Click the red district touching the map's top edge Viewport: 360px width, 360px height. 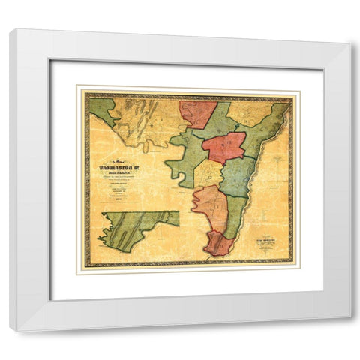(x=197, y=114)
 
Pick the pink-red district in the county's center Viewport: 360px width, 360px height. (x=223, y=147)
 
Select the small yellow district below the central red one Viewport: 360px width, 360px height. (x=208, y=174)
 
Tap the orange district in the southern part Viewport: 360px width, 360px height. (x=209, y=206)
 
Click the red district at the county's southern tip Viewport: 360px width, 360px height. (x=218, y=243)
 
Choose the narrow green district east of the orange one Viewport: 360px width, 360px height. (x=235, y=214)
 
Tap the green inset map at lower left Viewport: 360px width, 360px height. (x=135, y=228)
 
